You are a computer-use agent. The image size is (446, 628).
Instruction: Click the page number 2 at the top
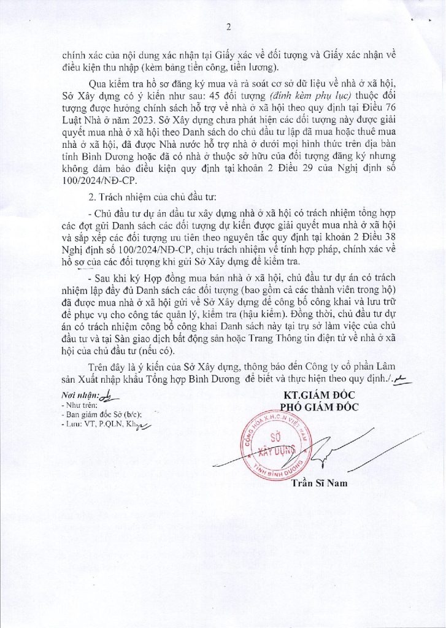(228, 27)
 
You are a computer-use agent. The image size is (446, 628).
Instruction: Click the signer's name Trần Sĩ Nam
(319, 483)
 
